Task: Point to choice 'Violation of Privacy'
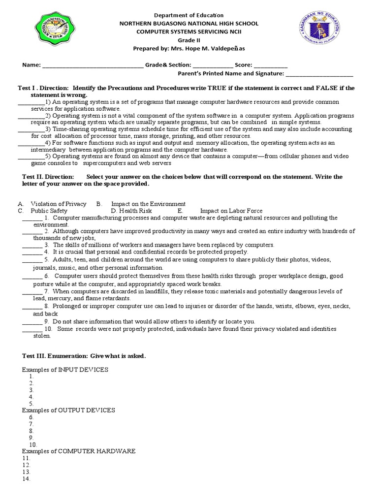coord(59,204)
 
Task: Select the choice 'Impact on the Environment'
coord(148,204)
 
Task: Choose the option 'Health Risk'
coord(135,211)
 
